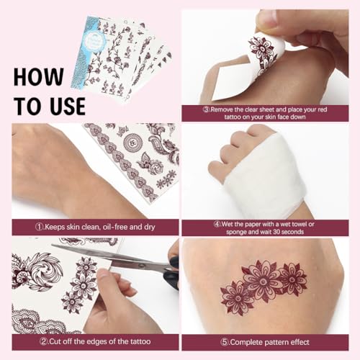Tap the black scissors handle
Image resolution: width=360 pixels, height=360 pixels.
[171, 275]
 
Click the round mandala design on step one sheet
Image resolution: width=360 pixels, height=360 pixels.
[132, 142]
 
